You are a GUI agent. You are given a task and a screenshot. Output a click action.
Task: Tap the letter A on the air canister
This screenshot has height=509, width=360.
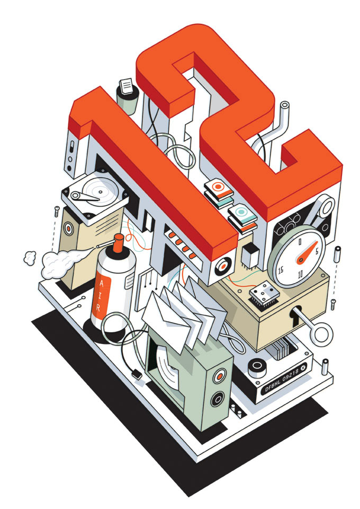click(101, 284)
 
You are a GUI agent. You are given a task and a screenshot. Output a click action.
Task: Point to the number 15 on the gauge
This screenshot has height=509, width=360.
click(281, 269)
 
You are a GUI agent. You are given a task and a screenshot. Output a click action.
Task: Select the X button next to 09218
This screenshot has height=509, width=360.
click(303, 368)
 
